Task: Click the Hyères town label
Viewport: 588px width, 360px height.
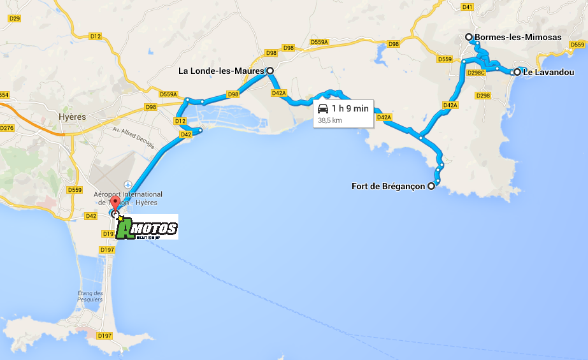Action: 71,117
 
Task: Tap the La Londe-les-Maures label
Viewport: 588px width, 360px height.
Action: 221,71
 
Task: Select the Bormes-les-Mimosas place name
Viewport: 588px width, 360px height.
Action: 518,37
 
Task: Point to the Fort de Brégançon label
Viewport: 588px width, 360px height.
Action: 388,187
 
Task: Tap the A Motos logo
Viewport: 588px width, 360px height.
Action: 147,227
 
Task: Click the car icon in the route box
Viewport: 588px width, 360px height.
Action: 323,108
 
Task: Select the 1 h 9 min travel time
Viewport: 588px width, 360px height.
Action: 350,108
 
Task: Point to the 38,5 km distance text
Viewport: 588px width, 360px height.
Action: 330,120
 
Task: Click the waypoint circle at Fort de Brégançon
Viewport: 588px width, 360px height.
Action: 431,186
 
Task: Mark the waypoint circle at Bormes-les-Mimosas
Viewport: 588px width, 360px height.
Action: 469,37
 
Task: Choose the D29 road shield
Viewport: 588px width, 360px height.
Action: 14,18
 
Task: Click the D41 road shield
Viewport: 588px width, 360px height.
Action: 467,7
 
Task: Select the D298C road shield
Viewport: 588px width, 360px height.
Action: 476,73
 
